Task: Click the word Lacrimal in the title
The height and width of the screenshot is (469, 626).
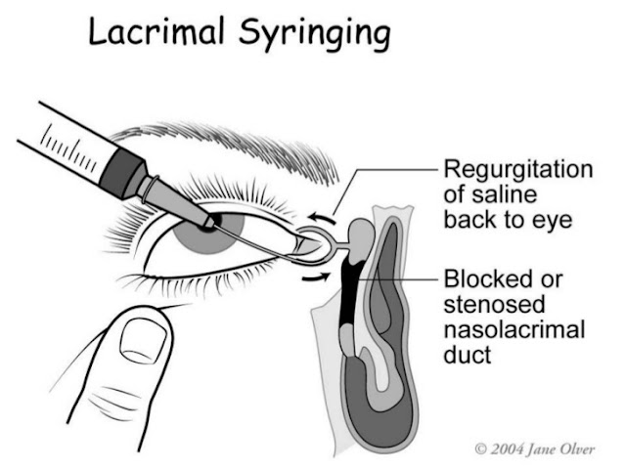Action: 156,31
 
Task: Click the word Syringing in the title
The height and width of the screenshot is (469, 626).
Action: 315,35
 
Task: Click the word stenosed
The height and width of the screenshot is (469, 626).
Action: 494,304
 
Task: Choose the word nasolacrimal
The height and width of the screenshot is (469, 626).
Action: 514,329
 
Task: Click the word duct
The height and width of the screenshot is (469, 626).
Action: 468,354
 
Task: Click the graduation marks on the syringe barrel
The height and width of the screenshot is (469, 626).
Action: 68,148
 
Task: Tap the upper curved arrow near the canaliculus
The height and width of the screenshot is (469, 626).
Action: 322,217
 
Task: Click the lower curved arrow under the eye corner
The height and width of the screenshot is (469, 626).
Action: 315,277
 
